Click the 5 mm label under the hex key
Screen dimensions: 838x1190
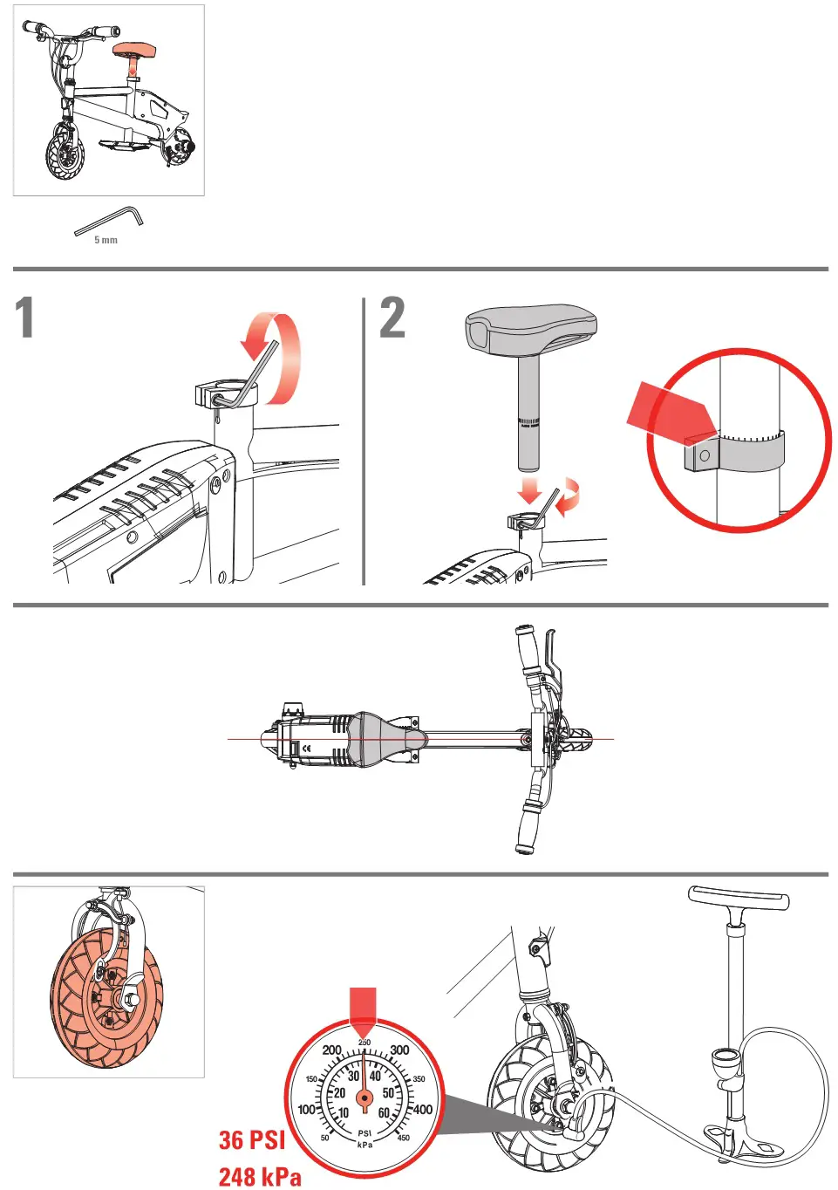click(106, 240)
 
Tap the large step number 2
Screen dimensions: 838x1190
click(392, 317)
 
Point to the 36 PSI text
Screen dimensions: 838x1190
click(252, 1139)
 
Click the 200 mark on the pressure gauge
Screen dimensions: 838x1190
click(332, 1050)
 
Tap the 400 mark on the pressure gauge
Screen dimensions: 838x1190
click(422, 1110)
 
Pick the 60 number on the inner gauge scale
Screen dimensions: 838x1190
click(384, 1112)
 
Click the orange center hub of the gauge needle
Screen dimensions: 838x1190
click(364, 1098)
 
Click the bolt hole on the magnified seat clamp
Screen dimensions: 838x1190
click(705, 455)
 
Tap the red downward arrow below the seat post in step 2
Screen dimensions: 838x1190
click(530, 490)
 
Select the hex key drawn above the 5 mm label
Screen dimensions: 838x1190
click(109, 220)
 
